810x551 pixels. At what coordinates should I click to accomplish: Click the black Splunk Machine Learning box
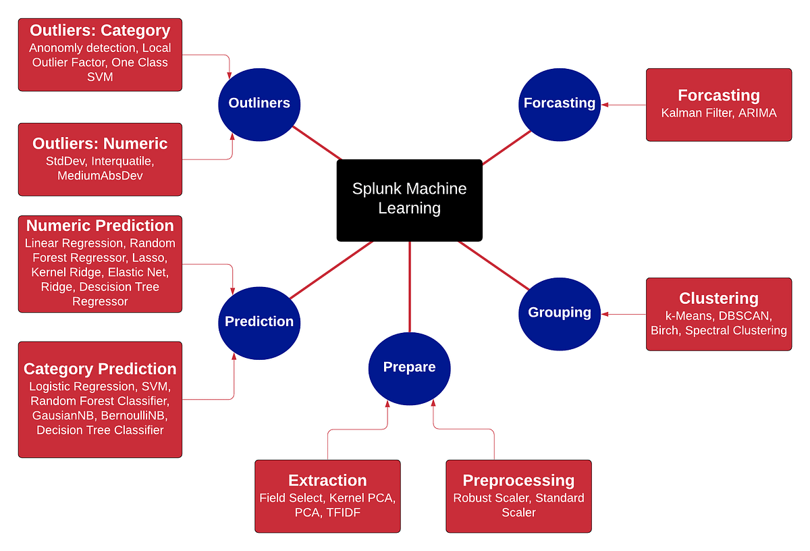409,200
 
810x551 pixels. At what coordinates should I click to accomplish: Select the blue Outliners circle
259,103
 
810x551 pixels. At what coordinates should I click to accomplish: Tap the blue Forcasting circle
560,103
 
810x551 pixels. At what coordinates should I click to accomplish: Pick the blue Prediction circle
259,321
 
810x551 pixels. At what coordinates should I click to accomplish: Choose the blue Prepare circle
409,367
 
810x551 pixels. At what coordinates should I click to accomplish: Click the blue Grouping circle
560,312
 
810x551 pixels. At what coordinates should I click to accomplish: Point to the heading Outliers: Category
100,30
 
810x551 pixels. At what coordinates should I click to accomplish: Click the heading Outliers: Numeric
100,143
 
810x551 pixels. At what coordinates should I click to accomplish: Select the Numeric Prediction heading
100,226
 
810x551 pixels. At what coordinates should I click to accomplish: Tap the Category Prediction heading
100,369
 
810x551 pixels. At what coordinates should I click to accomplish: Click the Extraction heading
327,480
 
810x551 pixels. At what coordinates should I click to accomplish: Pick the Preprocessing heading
518,480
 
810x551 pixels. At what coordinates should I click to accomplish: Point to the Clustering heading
719,298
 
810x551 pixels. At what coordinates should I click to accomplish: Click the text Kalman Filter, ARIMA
719,113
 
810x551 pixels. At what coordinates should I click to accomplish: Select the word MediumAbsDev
100,176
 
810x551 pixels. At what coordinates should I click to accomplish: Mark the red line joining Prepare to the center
410,284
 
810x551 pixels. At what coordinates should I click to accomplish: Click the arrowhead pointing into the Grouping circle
604,314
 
